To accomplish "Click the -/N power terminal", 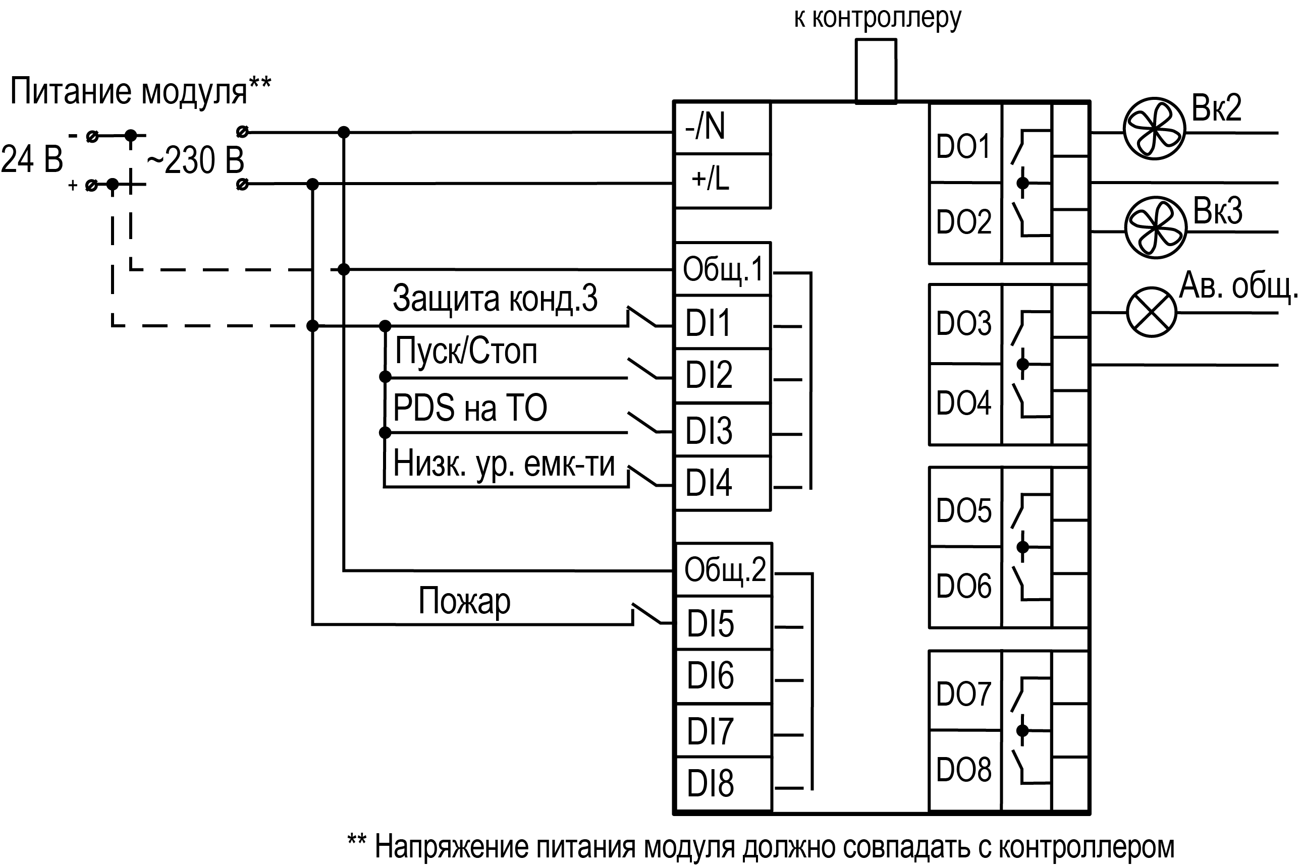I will pos(722,127).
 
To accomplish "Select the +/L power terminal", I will pos(722,180).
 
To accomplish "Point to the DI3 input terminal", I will pos(722,430).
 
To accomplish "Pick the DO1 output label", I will pos(964,146).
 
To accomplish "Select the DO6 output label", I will pos(964,586).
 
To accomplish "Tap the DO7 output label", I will pos(964,693).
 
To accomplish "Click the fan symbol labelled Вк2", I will pos(1154,129).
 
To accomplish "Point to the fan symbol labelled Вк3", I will pos(1156,227).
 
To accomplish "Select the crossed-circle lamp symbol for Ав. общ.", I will pos(1152,312).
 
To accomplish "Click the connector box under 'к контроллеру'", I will pos(876,71).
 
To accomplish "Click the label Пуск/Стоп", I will pos(466,351).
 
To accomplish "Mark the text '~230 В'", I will pos(195,160).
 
